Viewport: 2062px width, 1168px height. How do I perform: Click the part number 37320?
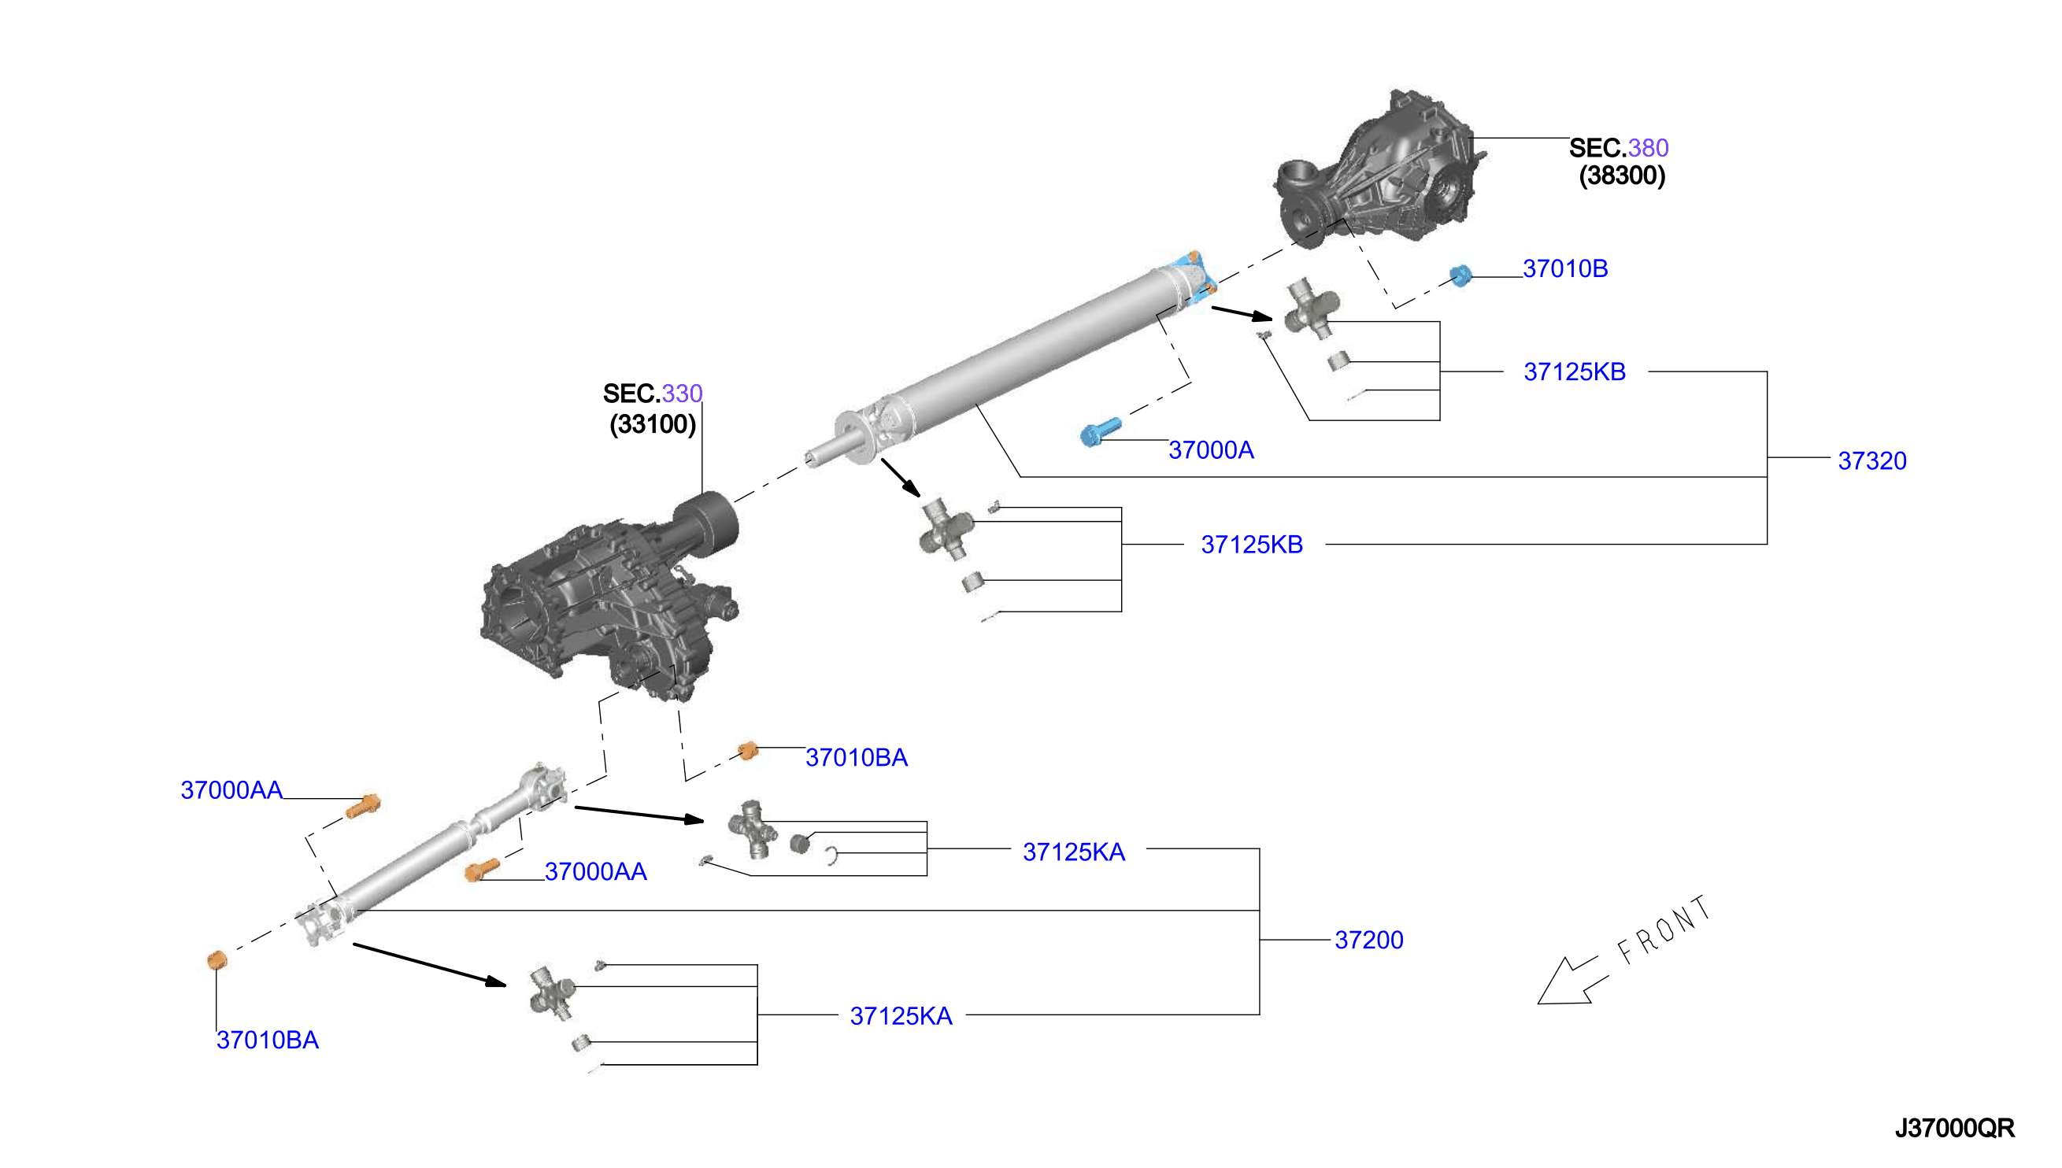coord(1871,460)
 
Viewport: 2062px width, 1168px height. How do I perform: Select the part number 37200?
coord(1369,940)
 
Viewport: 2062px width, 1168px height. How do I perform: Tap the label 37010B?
coord(1564,268)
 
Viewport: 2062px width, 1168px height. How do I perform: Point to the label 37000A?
coord(1211,450)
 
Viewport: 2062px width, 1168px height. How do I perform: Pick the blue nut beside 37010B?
coord(1461,276)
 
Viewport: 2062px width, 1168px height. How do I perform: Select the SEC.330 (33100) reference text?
coord(653,408)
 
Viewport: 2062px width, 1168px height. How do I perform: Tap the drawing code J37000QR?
coord(1954,1128)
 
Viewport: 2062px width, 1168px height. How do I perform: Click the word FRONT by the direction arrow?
coord(1664,930)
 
